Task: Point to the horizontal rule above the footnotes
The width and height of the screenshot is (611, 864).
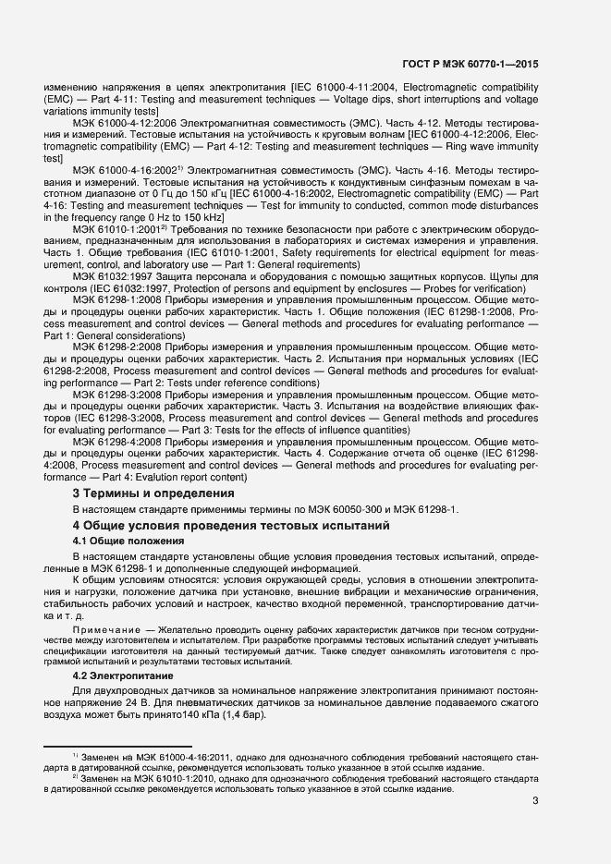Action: click(x=117, y=745)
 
